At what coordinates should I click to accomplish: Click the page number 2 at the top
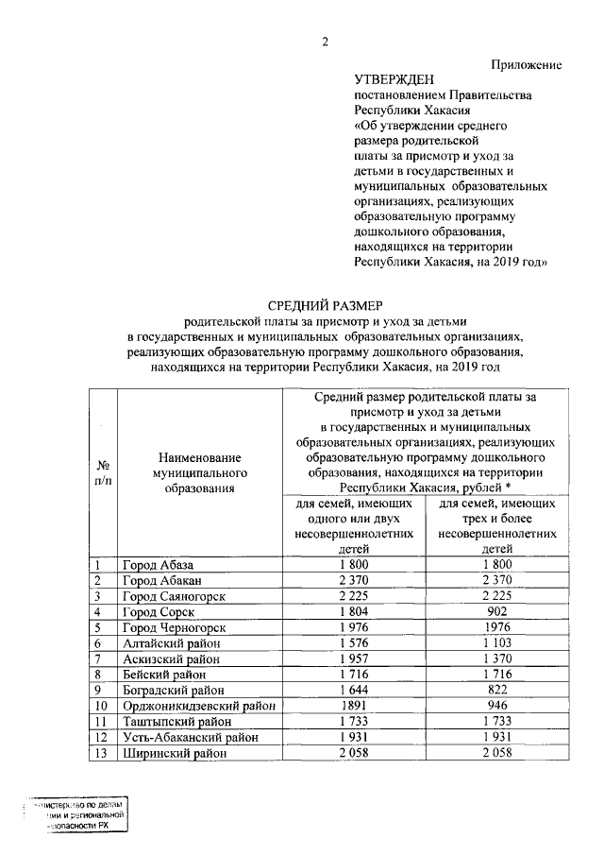click(325, 41)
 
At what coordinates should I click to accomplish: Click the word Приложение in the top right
click(527, 64)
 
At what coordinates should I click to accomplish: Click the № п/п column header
click(104, 473)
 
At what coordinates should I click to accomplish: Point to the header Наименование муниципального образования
click(198, 473)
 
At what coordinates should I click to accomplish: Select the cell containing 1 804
click(356, 612)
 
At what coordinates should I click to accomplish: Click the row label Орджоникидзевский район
click(198, 705)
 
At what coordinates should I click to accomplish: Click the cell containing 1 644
click(356, 690)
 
